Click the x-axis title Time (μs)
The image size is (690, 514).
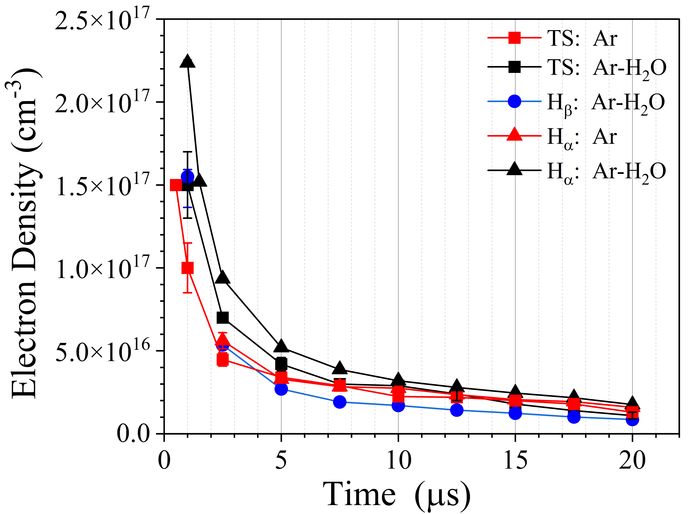[395, 495]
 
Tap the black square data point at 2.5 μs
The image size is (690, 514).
[222, 318]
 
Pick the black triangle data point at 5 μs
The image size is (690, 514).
[281, 346]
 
